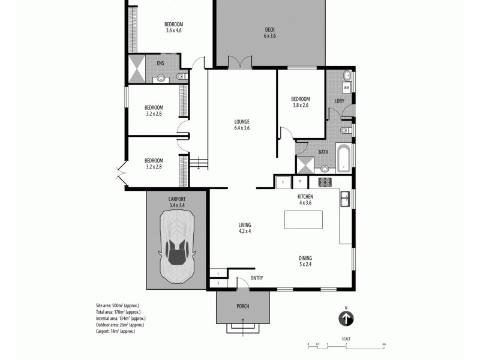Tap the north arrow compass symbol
coord(346,319)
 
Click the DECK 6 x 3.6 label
coord(269,32)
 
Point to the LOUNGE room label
coord(242,124)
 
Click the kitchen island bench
coord(304,220)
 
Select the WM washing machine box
coord(346,88)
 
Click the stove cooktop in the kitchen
coord(325,182)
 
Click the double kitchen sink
coord(345,199)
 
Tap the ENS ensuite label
coord(160,63)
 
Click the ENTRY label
coord(257,278)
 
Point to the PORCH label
coord(243,306)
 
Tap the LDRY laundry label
coord(339,101)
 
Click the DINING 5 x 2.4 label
coord(305,261)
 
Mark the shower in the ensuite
coord(136,69)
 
